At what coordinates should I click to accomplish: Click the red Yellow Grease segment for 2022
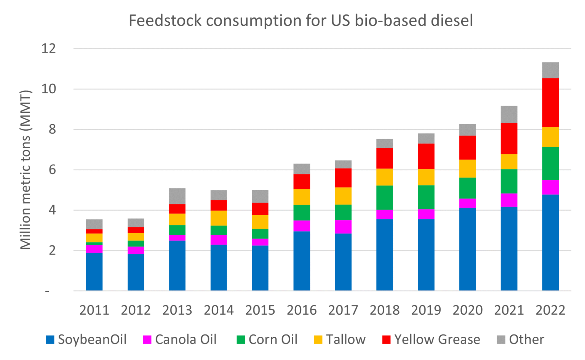[550, 102]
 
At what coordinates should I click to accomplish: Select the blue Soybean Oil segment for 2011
[94, 272]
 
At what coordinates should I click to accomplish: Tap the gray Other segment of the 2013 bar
[177, 196]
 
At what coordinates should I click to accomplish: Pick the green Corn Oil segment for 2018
[385, 197]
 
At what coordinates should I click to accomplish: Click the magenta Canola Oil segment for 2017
[343, 227]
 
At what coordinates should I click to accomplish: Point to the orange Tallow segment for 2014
[219, 218]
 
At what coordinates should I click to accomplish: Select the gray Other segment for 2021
[509, 114]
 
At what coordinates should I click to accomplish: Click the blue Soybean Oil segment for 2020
[467, 249]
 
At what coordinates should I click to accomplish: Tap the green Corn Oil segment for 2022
[550, 163]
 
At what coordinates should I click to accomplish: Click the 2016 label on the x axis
[302, 310]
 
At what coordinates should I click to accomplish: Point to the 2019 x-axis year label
[426, 310]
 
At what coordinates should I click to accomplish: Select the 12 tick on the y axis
[49, 48]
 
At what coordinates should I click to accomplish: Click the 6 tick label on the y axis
[52, 170]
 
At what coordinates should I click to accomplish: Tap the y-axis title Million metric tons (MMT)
[26, 170]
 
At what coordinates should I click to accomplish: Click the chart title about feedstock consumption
[301, 21]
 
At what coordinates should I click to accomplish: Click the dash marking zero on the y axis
[47, 291]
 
